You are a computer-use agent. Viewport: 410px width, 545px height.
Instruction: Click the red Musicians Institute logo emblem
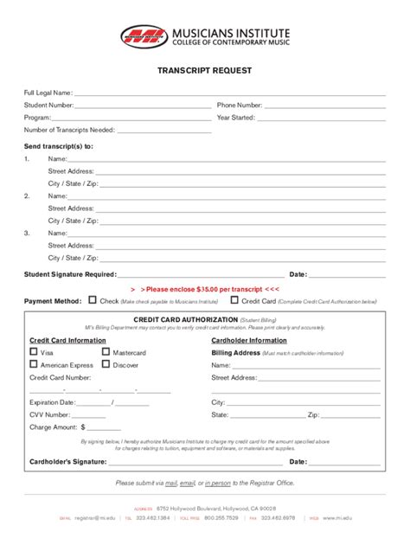pyautogui.click(x=144, y=36)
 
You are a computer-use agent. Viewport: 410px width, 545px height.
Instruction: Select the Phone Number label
pyautogui.click(x=240, y=106)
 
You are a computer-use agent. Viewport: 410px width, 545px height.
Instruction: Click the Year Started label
pyautogui.click(x=235, y=118)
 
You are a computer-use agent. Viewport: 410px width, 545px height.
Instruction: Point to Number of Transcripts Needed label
pyautogui.click(x=69, y=131)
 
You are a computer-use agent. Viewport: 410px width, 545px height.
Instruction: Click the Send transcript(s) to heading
pyautogui.click(x=58, y=146)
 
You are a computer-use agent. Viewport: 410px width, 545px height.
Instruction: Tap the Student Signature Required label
pyautogui.click(x=70, y=273)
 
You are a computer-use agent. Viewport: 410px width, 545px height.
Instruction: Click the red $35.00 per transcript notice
pyautogui.click(x=205, y=288)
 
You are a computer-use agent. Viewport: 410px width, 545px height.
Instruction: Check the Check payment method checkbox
pyautogui.click(x=93, y=300)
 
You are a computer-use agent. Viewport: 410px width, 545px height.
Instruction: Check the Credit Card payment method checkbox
pyautogui.click(x=234, y=300)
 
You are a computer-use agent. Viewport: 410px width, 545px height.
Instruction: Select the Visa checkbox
pyautogui.click(x=34, y=353)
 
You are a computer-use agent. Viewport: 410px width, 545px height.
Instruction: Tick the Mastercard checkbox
pyautogui.click(x=106, y=353)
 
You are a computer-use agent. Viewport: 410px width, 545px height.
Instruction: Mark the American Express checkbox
pyautogui.click(x=34, y=365)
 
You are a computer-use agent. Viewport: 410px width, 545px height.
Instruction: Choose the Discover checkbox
pyautogui.click(x=106, y=365)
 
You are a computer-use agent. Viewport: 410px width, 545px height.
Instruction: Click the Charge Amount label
pyautogui.click(x=53, y=426)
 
